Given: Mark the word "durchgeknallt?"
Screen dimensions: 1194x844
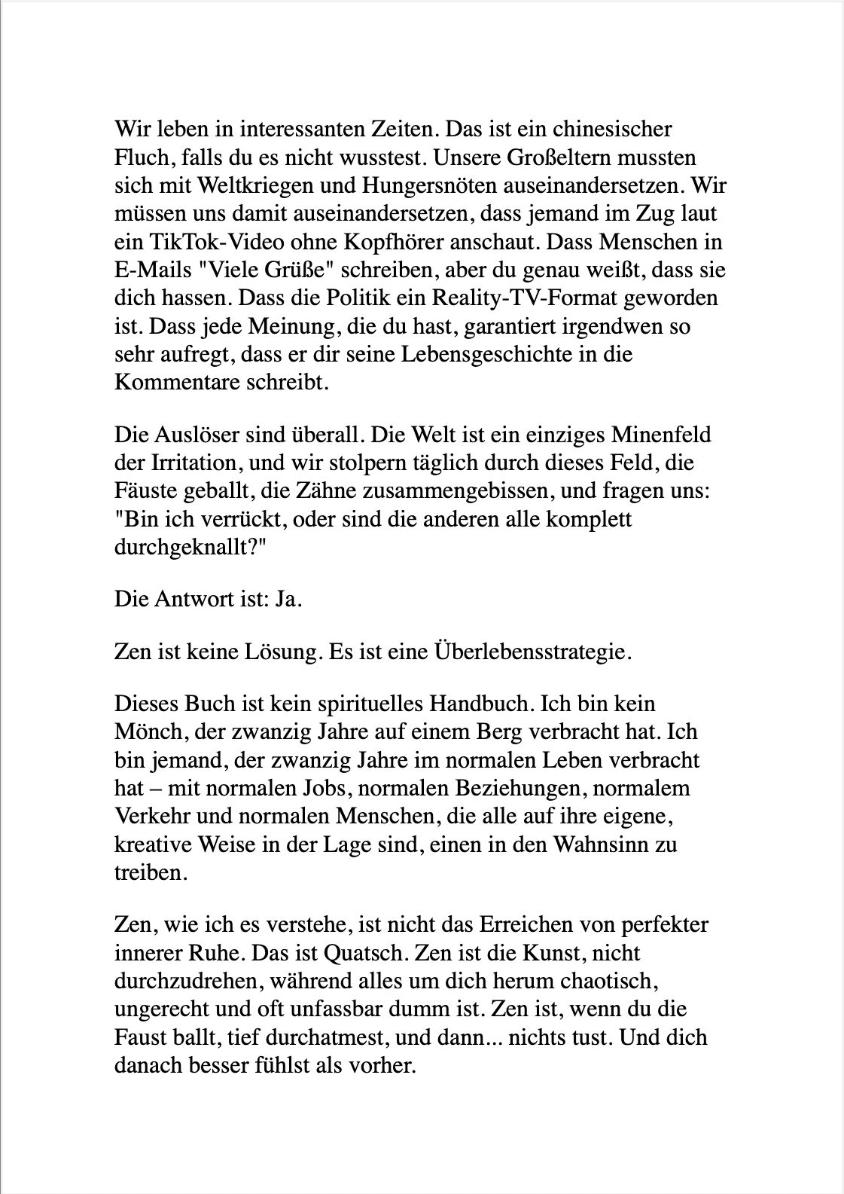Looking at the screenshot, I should pos(192,548).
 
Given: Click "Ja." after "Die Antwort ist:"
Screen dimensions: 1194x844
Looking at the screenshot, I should pos(289,600).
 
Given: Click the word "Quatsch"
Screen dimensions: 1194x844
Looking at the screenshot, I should pos(366,953).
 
